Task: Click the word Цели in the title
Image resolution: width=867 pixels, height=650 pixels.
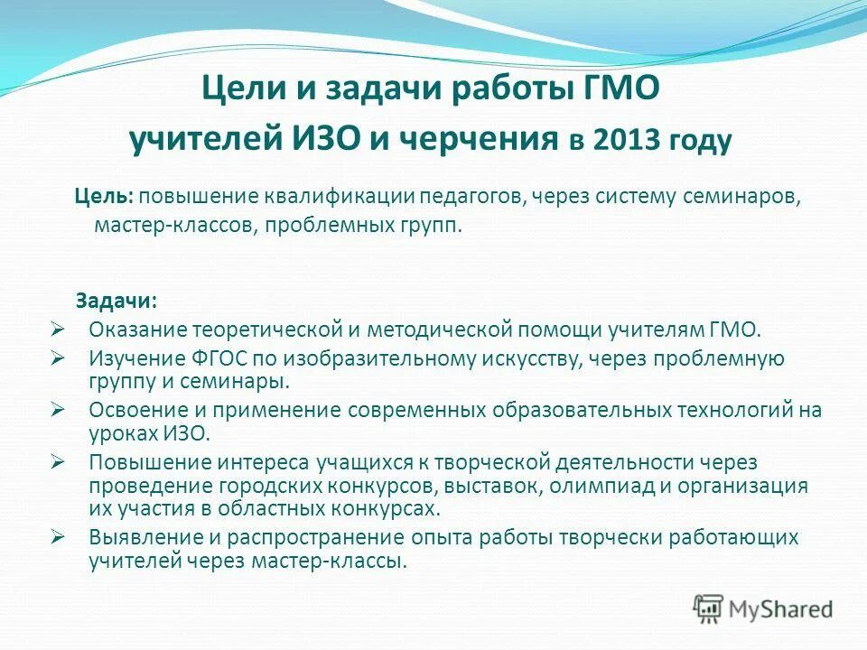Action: coord(238,89)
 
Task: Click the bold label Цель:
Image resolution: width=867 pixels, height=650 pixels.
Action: coord(104,197)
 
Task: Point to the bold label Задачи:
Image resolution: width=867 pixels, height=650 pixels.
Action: coord(115,299)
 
